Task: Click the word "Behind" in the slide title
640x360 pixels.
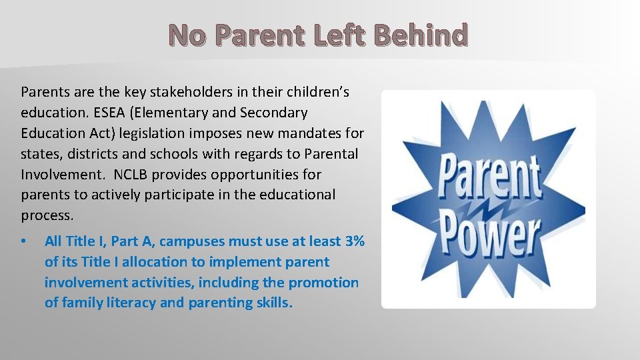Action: (x=422, y=35)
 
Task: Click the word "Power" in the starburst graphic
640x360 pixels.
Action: (x=489, y=232)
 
